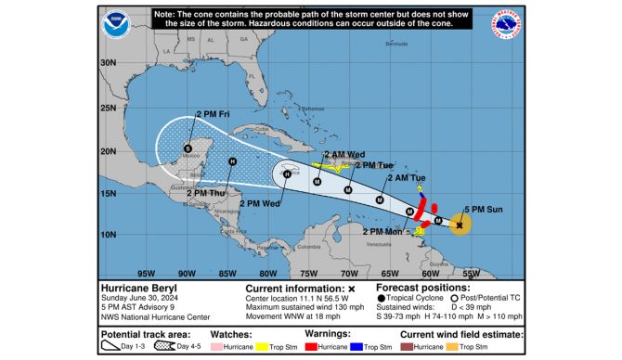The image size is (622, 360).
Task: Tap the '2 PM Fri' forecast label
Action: click(x=213, y=113)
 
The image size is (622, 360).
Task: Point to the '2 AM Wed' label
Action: click(x=343, y=154)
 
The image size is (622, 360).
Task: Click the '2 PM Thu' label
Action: click(x=205, y=192)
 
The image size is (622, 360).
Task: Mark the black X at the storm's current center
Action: click(x=460, y=224)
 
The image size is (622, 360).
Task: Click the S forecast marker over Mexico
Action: click(x=188, y=148)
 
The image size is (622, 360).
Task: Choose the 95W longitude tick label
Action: click(x=145, y=273)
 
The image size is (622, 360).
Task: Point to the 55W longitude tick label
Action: click(x=471, y=273)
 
